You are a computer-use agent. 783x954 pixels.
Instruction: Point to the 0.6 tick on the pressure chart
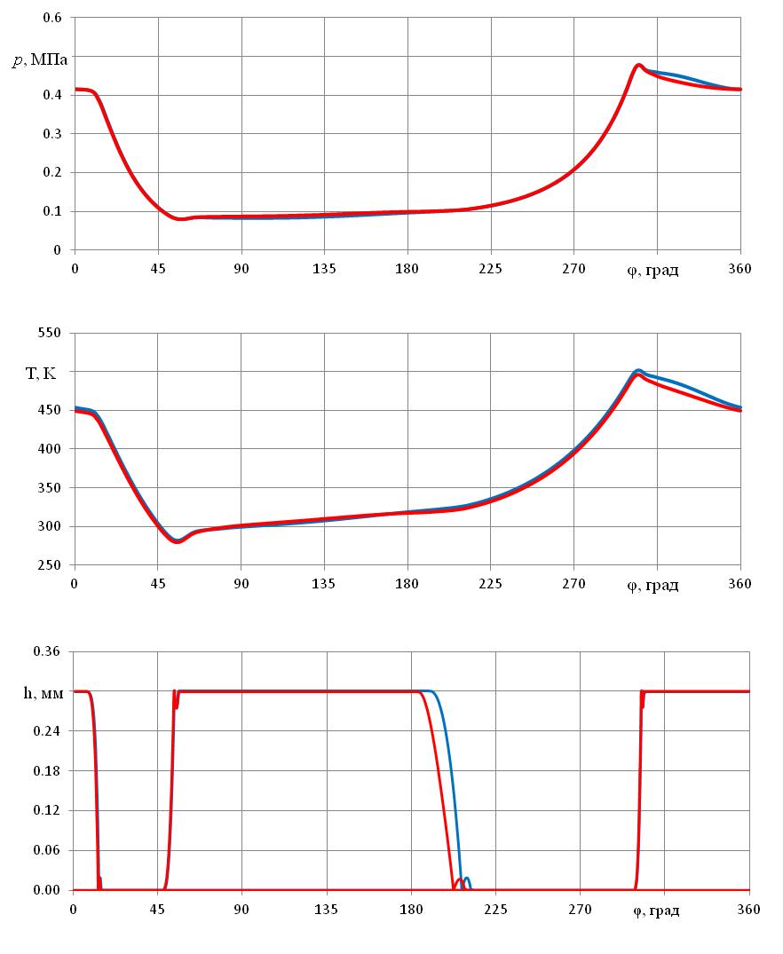point(52,18)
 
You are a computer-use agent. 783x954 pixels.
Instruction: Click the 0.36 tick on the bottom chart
point(46,652)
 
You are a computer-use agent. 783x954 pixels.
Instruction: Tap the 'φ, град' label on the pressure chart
point(652,269)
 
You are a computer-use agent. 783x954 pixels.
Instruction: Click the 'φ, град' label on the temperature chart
point(652,584)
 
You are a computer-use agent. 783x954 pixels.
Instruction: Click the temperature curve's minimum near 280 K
point(178,540)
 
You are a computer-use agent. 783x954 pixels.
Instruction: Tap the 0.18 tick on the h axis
point(46,770)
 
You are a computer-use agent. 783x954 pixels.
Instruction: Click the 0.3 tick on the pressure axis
point(52,134)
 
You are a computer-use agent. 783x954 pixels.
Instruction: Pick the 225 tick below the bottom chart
point(495,909)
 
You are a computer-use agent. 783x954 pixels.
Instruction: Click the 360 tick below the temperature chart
point(739,583)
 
